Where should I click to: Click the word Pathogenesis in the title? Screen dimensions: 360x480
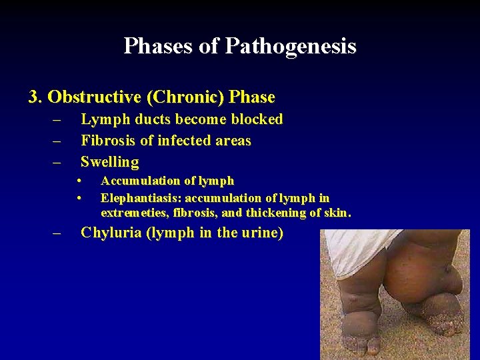click(291, 46)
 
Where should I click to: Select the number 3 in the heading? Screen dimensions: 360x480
click(33, 97)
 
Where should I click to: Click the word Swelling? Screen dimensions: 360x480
click(109, 162)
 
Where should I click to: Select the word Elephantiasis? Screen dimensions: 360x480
click(141, 198)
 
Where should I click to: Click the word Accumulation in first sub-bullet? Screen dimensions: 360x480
click(141, 181)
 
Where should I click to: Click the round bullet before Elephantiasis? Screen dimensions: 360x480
click(79, 197)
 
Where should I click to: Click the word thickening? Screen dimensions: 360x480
click(276, 213)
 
